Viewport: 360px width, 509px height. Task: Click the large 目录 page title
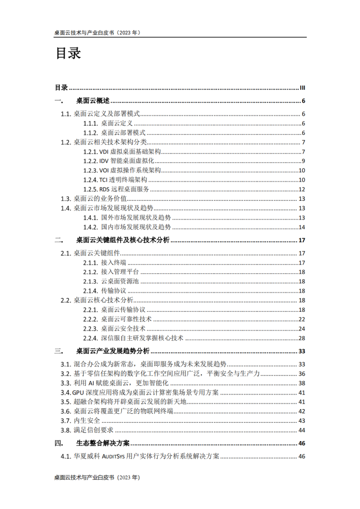(x=68, y=54)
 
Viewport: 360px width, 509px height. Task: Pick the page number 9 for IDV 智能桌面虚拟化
(x=303, y=161)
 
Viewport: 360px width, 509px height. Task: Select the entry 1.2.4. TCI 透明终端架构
(x=116, y=180)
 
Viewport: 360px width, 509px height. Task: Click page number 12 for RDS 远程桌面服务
(x=301, y=189)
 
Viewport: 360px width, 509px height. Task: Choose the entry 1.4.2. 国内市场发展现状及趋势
(x=127, y=227)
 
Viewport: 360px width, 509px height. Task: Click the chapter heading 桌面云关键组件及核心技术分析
(x=123, y=240)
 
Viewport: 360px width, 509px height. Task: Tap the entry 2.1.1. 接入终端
(x=105, y=263)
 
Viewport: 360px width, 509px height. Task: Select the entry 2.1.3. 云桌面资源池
(x=111, y=281)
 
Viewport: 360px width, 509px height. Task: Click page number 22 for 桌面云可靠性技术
(x=301, y=319)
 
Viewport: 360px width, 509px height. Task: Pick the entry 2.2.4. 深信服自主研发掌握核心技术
(x=133, y=338)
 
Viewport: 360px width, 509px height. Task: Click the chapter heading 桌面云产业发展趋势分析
(x=113, y=351)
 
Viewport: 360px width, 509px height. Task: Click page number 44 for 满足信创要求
(x=301, y=430)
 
